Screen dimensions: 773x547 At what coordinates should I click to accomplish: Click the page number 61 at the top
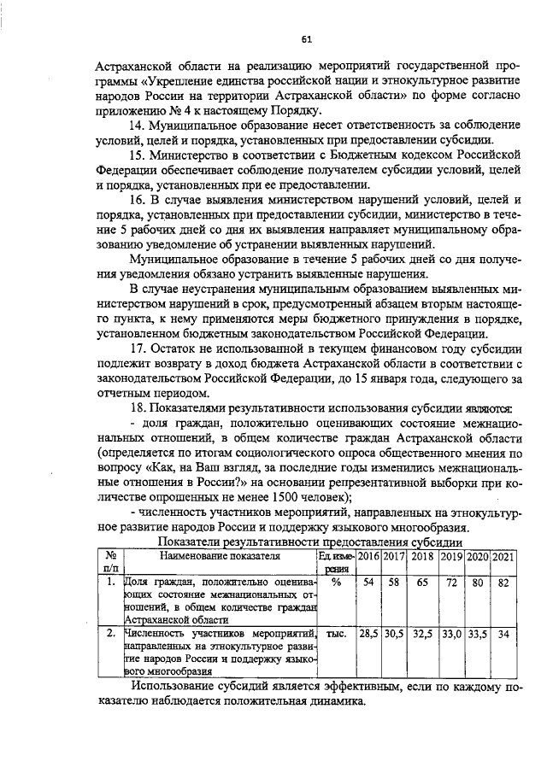[306, 37]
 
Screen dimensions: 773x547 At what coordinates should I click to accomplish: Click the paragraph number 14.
[137, 126]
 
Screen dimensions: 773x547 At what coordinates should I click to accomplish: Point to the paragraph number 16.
[137, 200]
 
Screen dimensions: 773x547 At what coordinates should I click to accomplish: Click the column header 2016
[368, 556]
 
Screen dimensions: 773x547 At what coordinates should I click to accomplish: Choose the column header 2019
[451, 556]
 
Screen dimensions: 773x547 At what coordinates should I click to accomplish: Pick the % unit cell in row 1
[336, 583]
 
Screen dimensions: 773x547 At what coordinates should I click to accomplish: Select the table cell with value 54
[368, 583]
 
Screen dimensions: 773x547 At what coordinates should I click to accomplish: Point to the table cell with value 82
[504, 583]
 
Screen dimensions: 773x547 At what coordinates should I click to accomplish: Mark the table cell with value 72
[451, 583]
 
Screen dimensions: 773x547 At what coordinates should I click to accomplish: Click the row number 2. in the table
[109, 634]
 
